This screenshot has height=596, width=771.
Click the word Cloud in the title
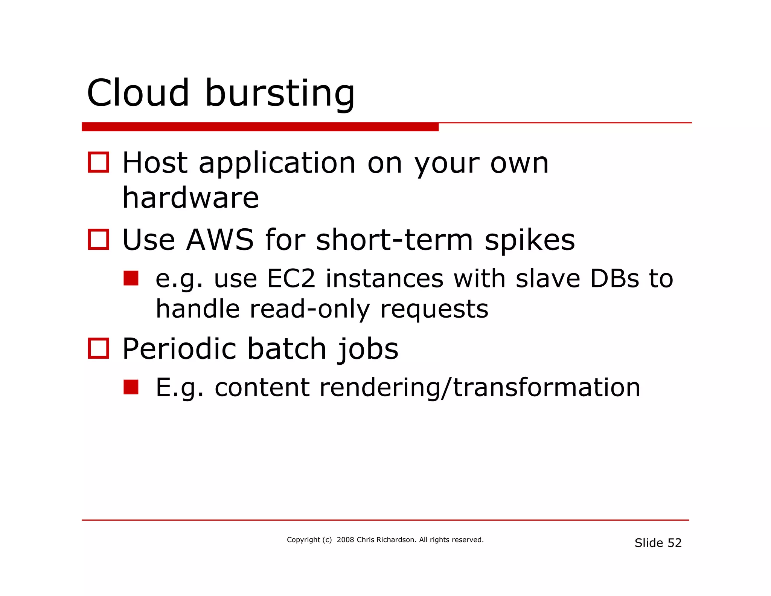(x=138, y=93)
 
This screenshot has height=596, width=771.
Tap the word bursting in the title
(x=280, y=94)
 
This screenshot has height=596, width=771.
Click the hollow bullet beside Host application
(x=98, y=162)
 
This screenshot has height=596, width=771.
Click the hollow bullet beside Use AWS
(x=98, y=239)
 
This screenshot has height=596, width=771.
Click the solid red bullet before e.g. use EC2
(x=131, y=278)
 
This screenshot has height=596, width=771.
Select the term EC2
(x=291, y=279)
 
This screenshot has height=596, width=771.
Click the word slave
(x=548, y=279)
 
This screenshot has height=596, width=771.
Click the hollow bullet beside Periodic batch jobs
(x=98, y=348)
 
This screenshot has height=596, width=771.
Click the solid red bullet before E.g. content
(x=131, y=387)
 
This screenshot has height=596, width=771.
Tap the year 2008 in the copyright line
(x=345, y=540)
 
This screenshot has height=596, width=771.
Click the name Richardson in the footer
(x=396, y=540)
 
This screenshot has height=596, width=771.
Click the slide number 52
(x=675, y=543)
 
